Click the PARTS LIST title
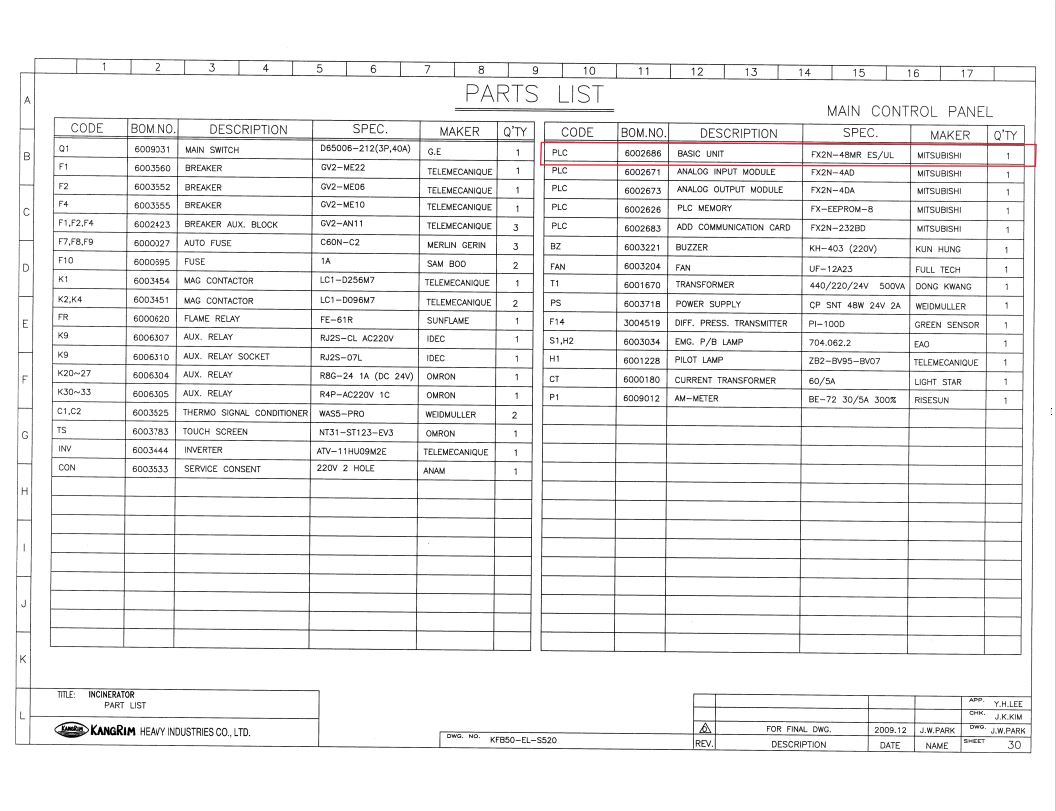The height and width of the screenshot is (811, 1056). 534,95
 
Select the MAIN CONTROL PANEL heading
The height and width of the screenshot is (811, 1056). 910,112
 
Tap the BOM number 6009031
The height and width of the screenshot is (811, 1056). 153,150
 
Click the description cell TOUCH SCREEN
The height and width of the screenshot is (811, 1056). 215,432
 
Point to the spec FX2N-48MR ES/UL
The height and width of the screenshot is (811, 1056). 851,155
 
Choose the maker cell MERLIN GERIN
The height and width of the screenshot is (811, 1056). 455,245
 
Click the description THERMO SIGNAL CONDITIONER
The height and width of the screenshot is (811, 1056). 245,413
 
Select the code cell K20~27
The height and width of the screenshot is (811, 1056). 75,375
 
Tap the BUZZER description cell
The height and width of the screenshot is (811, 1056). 692,247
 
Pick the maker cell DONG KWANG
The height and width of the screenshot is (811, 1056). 943,286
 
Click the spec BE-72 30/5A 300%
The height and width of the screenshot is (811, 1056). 853,399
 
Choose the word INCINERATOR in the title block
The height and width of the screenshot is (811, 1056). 111,694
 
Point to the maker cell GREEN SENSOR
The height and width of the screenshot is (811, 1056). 946,325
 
